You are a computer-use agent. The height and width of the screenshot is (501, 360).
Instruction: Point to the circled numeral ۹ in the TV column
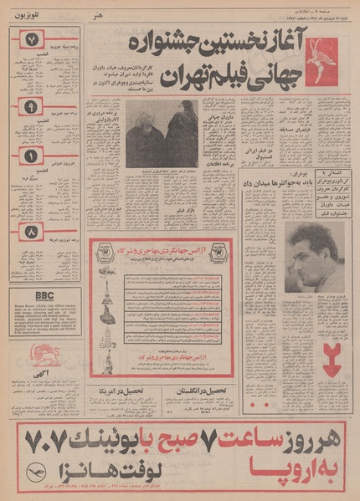pos(30,107)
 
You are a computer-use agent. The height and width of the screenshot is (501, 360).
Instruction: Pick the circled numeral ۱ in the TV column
pos(30,155)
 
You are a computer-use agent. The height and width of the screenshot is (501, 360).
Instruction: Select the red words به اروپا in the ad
pos(289,466)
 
